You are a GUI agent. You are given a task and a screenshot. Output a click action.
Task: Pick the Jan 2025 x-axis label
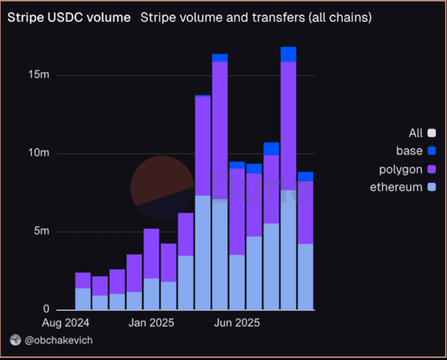(x=152, y=323)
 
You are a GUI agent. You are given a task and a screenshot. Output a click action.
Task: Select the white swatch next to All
(x=432, y=133)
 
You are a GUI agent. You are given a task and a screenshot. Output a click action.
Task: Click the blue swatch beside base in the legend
(x=432, y=151)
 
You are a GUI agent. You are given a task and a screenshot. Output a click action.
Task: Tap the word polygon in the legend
(x=401, y=169)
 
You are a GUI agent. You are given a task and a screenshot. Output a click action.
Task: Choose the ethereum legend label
(x=396, y=187)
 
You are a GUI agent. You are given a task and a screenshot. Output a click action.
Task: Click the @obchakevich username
(x=58, y=340)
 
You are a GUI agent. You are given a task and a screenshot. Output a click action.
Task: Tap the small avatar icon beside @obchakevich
(x=15, y=340)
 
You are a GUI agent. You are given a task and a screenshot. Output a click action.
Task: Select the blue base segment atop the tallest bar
(x=289, y=55)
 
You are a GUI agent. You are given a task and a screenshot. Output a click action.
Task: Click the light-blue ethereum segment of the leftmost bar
(x=83, y=299)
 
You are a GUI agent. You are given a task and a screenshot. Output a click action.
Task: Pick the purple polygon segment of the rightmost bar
(x=305, y=212)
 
